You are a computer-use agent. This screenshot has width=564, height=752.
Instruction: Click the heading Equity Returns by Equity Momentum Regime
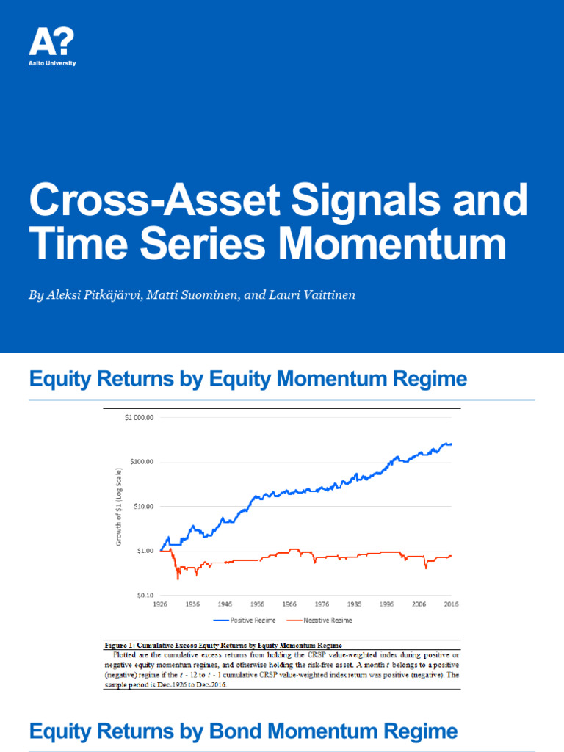click(247, 379)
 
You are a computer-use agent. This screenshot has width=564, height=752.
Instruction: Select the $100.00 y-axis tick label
click(139, 462)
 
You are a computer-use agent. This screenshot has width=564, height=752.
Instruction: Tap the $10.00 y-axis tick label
click(140, 506)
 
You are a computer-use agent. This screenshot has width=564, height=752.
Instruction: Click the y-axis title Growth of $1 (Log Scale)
click(119, 507)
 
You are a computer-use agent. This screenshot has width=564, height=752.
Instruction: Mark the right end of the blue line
click(452, 444)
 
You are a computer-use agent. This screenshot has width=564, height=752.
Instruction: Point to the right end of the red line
click(452, 556)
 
